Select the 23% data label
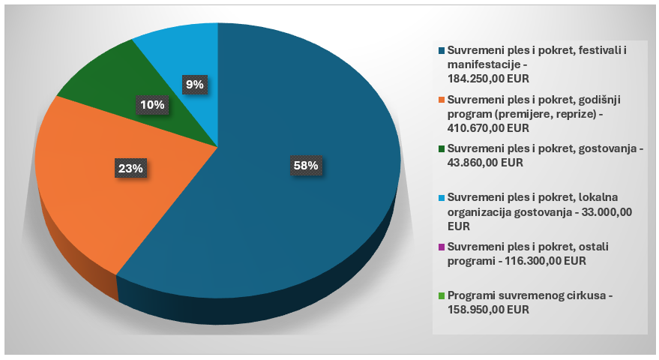pos(130,169)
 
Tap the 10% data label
pos(151,105)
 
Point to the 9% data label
pos(195,85)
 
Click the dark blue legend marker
pos(442,51)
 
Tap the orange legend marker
pos(442,100)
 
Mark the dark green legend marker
pos(442,149)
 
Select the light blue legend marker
pos(442,198)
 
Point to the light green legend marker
pos(442,295)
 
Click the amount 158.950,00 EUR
pos(488,310)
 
